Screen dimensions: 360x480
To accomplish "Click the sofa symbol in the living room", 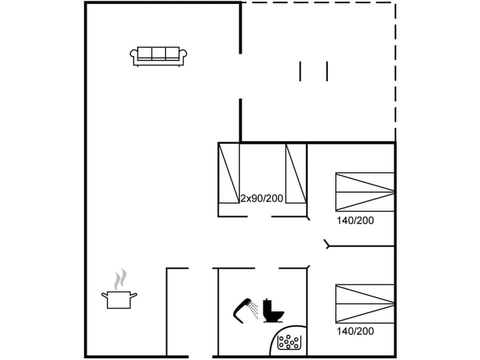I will pos(158,55).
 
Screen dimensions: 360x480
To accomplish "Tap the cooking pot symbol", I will pos(119,299).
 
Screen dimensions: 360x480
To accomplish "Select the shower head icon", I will pos(242,309).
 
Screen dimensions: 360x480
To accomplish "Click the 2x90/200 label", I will pos(262,198).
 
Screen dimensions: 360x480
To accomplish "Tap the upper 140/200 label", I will pos(355,220).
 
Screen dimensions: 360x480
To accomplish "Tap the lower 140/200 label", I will pos(355,331).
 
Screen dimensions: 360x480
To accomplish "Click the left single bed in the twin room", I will pos(229,174).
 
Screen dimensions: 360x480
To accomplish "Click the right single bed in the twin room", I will pos(295,174).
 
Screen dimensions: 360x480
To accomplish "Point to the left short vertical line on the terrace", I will pos(300,71).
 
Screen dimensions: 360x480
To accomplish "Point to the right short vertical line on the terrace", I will pos(327,71).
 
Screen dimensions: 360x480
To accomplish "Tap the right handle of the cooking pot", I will pos(133,294).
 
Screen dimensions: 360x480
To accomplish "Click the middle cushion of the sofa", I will pos(158,53).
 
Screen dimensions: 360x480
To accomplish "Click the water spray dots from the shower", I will pos(255,310).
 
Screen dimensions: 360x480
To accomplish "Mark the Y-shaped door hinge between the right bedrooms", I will pos(327,244).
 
